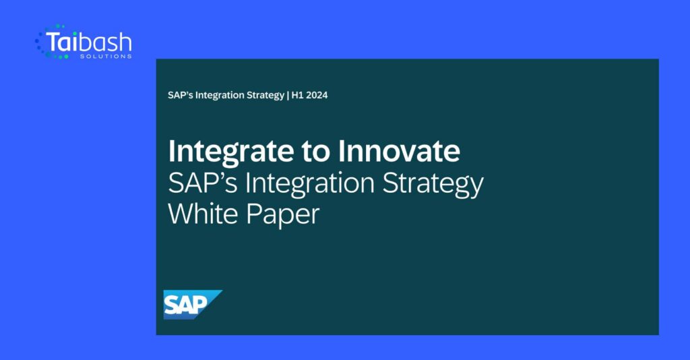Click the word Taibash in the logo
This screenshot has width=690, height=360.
coord(88,42)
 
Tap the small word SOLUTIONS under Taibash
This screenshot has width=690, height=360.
coord(106,57)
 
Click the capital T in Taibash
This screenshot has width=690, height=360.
coord(52,42)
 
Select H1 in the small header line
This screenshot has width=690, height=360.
coord(297,95)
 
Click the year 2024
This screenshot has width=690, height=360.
coord(317,95)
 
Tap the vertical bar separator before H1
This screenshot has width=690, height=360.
coord(288,95)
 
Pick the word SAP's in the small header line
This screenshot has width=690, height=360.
coord(180,95)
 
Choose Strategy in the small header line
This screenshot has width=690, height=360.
coord(265,96)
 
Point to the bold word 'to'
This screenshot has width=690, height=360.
coord(315,152)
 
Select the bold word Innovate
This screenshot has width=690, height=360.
coord(399,151)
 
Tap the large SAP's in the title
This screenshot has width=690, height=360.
coord(203,183)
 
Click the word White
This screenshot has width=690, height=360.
coord(203,214)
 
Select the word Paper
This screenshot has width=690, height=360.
coord(283,216)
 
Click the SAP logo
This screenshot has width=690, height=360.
coord(193,305)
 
